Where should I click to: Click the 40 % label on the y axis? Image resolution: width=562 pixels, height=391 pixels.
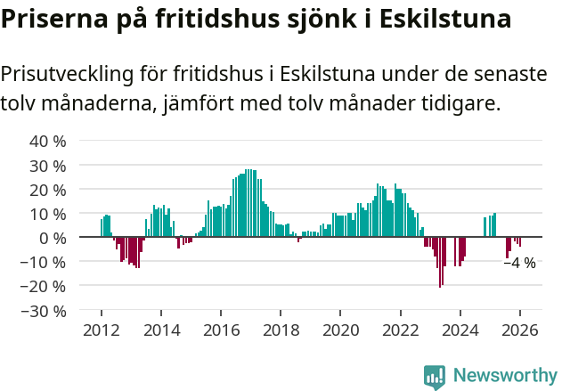[x=48, y=142]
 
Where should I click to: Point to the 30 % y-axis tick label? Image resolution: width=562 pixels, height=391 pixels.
[x=48, y=166]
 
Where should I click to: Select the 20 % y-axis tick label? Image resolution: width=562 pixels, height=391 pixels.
[x=48, y=190]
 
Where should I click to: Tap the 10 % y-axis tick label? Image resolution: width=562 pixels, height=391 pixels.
[x=48, y=214]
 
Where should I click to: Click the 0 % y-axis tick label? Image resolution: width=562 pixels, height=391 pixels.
[x=53, y=238]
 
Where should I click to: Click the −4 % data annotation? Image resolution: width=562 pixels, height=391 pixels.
[x=519, y=263]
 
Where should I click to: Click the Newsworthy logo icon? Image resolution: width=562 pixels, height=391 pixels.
[x=435, y=377]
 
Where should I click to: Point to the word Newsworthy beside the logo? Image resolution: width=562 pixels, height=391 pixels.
[x=505, y=377]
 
